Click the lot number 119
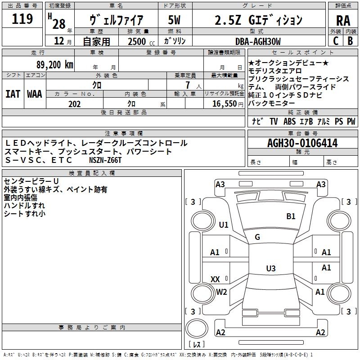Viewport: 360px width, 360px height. coord(23,19)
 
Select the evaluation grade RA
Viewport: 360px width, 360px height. coord(343,21)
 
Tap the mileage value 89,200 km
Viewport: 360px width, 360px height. coord(55,65)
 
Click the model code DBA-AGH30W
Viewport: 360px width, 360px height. coord(257,41)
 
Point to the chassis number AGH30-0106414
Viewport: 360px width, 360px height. coord(302,144)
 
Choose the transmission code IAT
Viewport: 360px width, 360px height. coord(13,94)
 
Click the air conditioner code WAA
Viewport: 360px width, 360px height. coord(35,94)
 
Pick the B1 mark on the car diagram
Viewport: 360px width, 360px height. coord(291,216)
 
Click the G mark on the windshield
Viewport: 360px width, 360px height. coord(257,237)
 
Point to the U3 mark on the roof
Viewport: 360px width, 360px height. coord(270,269)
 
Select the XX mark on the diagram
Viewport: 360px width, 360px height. coord(215,279)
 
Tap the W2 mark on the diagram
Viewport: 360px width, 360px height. coord(221,292)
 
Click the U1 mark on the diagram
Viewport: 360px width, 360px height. coord(224,225)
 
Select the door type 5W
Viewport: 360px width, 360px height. coord(174,21)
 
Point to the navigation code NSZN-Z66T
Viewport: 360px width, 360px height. coord(105,160)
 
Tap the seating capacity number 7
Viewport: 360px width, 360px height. coord(187,85)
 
